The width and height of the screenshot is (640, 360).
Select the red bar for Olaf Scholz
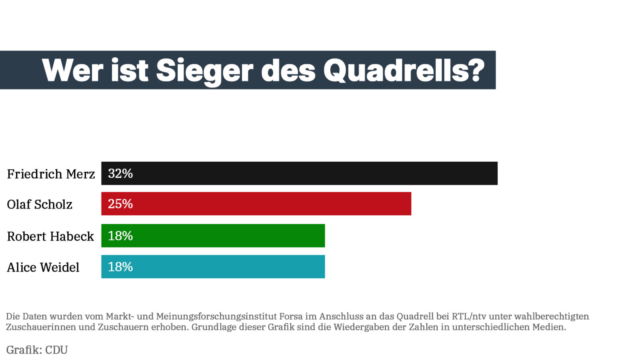256,204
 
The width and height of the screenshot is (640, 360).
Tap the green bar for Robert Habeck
213,236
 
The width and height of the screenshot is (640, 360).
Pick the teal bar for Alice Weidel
213,267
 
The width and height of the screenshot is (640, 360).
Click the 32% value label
120,173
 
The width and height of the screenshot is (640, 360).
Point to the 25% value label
120,204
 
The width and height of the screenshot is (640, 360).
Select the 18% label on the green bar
120,236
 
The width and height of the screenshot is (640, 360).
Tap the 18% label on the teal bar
120,267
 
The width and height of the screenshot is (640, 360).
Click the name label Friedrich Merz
51,174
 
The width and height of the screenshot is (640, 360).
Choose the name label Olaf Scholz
40,204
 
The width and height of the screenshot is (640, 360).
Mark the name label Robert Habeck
50,236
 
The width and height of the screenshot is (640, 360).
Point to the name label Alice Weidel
43,267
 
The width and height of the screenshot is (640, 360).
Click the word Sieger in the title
204,71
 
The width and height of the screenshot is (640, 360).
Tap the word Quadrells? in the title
404,71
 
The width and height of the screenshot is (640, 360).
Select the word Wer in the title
72,71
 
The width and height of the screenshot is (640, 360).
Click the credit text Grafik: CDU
37,350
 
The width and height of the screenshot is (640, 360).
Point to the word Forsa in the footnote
291,316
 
